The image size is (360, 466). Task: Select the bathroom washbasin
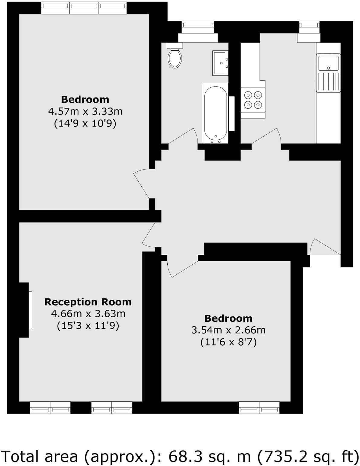coord(220,63)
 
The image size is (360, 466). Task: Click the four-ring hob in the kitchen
coord(253,100)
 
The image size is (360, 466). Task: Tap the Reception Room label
coord(88,302)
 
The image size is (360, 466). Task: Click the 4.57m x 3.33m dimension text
coord(85,111)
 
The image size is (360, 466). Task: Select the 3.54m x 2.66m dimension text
coord(229,330)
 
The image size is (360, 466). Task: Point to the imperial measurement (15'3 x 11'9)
coord(88,326)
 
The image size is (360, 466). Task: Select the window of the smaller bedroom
coord(259,407)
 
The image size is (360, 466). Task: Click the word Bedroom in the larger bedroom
coord(85,99)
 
